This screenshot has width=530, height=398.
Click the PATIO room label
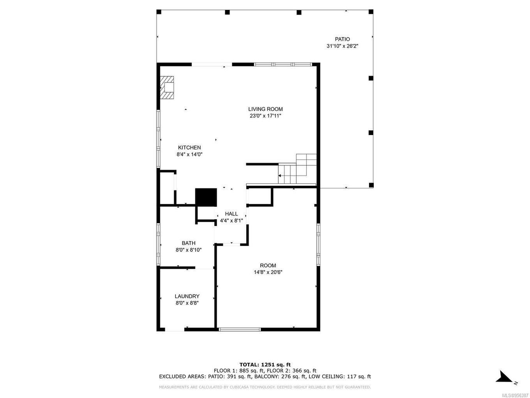(342, 39)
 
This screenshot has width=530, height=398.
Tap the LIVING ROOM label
(265, 109)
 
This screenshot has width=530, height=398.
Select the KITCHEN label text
(189, 147)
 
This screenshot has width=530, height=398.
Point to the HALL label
(231, 214)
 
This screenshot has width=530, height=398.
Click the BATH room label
(188, 243)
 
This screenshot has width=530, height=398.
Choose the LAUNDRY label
(187, 296)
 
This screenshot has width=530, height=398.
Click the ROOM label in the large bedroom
(268, 265)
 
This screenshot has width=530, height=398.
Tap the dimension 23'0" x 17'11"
(265, 116)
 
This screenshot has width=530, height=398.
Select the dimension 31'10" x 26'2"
(342, 46)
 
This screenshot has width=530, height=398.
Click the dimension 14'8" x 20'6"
(268, 272)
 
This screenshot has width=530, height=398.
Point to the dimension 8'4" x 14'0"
(189, 155)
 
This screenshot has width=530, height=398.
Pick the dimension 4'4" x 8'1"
(231, 220)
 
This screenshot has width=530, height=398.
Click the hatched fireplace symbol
(167, 87)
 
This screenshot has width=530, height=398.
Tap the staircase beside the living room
(297, 170)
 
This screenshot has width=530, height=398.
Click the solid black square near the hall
(206, 197)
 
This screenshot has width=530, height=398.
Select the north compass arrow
(504, 377)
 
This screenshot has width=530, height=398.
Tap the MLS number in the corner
(516, 395)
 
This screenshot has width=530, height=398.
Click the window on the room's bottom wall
(240, 330)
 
